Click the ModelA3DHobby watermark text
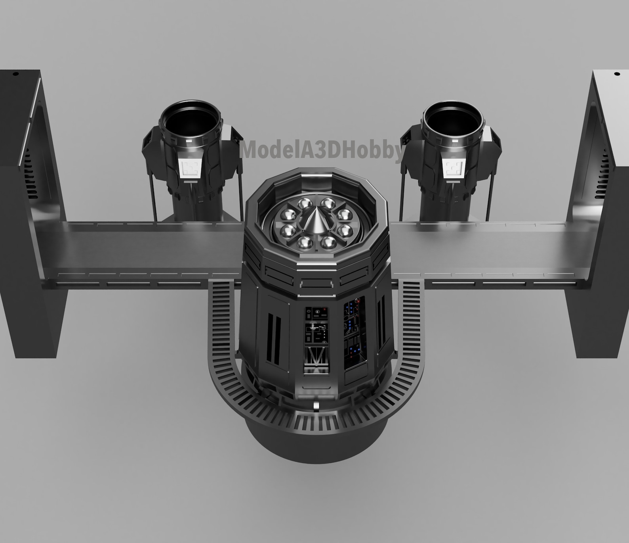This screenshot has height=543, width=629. coord(322,150)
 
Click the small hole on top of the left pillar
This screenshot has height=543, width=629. coord(16,74)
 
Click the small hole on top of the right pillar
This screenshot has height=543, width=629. coord(616,74)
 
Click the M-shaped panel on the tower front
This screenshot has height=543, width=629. coord(316,359)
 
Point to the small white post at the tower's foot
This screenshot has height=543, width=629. coord(316,405)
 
